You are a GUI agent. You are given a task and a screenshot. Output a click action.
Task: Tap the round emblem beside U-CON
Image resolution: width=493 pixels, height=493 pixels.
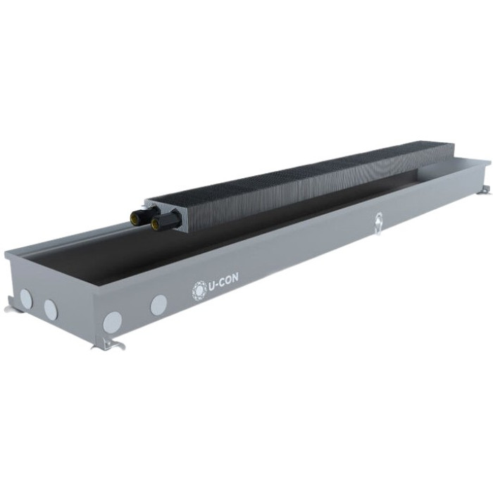[x=199, y=291]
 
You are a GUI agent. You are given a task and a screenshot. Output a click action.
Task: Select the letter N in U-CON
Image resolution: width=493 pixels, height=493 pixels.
[x=235, y=277]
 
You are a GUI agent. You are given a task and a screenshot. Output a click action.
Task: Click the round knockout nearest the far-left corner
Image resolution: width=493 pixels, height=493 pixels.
[x=26, y=299]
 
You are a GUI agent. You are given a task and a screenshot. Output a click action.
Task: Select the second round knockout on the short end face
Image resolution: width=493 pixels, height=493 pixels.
[x=51, y=309]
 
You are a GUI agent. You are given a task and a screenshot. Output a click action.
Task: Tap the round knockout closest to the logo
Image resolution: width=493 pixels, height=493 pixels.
[x=158, y=305]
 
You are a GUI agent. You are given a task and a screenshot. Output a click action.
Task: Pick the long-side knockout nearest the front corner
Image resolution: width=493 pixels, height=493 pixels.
[x=112, y=323]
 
